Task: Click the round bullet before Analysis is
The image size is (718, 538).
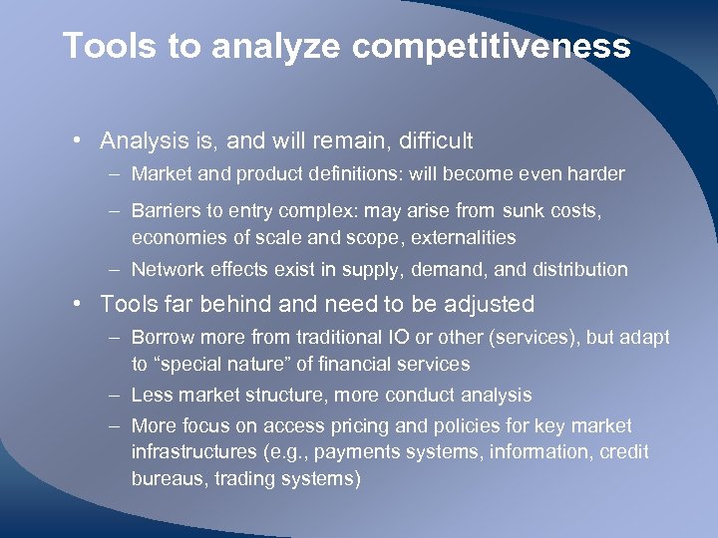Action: tap(77, 141)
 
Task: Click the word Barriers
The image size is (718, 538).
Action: tap(165, 212)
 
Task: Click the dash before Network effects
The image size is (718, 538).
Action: tap(115, 269)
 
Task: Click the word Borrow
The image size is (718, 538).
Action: tap(163, 338)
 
